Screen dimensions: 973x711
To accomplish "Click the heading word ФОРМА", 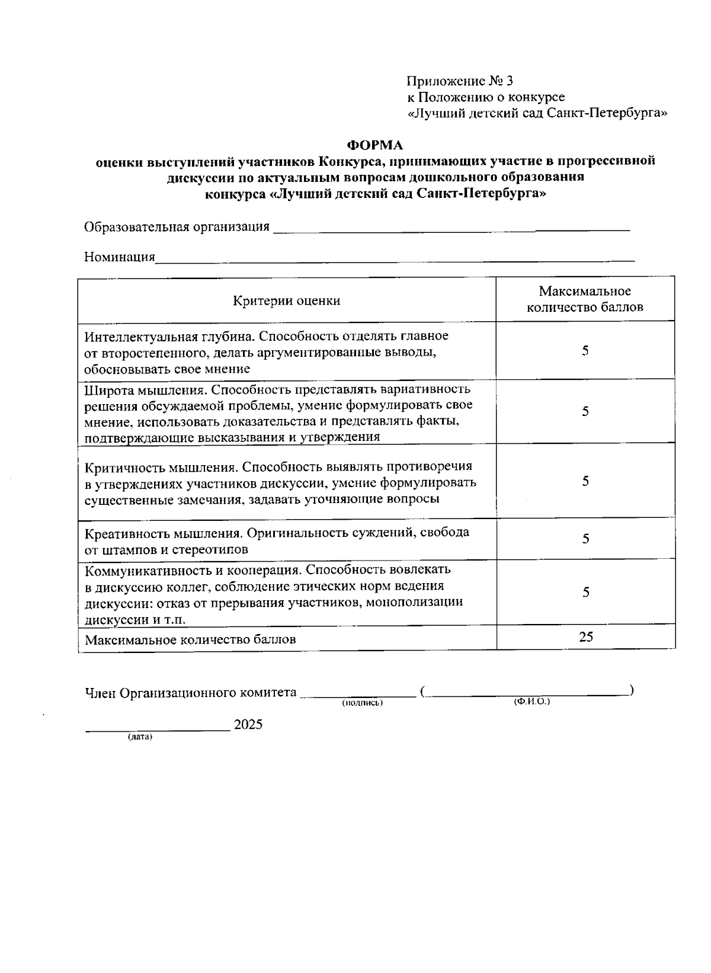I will [374, 145].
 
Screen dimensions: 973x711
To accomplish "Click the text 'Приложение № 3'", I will [459, 81].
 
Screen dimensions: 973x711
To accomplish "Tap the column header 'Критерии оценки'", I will [286, 300].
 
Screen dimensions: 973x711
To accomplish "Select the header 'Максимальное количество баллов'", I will [585, 299].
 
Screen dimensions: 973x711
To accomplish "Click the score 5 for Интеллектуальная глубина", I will [585, 351].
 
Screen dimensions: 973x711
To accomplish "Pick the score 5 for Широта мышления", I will [585, 412].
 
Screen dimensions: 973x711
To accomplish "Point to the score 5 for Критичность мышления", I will [585, 481].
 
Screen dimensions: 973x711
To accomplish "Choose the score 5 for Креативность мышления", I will [585, 539].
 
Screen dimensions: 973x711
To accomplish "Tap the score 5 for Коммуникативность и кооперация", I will [585, 592].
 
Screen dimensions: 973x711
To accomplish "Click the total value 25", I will [585, 637].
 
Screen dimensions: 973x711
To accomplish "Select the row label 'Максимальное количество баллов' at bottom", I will [190, 640].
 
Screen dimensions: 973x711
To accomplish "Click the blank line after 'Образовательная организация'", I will [450, 229].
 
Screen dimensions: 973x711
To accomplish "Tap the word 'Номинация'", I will [120, 257].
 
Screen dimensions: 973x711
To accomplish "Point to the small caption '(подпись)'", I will [362, 703].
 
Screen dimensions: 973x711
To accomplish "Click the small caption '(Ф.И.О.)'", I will [532, 702].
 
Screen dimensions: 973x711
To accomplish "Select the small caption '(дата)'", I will [140, 737].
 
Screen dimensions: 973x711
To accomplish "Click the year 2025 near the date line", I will [248, 725].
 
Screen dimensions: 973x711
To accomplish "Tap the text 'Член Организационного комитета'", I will [190, 693].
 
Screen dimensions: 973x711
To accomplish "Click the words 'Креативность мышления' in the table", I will [164, 533].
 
